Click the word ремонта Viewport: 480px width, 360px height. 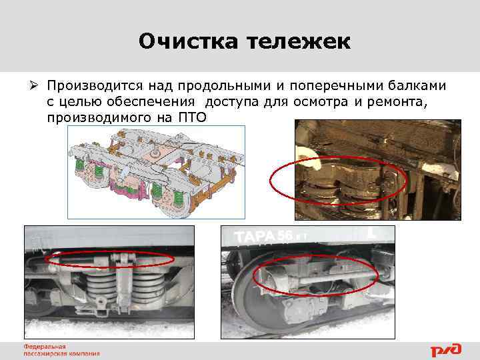pyautogui.click(x=395, y=102)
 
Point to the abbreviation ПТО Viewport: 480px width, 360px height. pyautogui.click(x=193, y=117)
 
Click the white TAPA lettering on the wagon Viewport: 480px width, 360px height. pyautogui.click(x=255, y=237)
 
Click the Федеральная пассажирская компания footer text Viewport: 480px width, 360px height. pyautogui.click(x=61, y=350)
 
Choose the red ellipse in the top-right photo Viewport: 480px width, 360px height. pyautogui.click(x=338, y=179)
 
